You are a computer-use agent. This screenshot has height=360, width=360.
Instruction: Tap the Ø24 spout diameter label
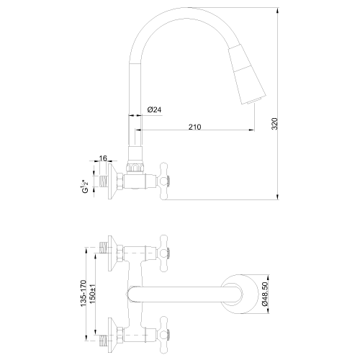pos(153,109)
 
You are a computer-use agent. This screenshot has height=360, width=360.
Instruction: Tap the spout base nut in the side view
pos(135,165)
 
